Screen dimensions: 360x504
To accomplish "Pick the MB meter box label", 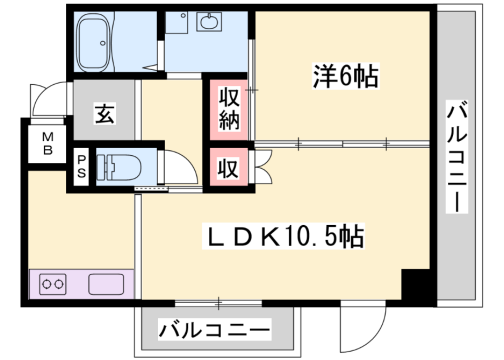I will (46, 145).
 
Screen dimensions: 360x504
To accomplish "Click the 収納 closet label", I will (229, 112).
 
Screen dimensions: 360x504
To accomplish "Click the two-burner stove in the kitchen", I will (53, 284).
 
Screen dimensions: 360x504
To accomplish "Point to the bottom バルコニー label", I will (215, 328).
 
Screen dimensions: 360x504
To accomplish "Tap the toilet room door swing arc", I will (175, 165).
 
